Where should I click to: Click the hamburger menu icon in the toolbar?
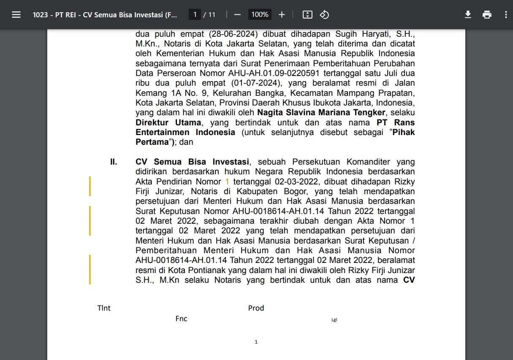coord(16,15)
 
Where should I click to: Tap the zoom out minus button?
coord(237,15)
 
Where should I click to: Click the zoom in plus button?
coord(282,15)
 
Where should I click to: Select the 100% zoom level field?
coord(260,15)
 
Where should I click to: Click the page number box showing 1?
coord(195,15)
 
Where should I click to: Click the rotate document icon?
coord(324,15)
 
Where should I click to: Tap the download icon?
coord(468,15)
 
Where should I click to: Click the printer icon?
coord(487,15)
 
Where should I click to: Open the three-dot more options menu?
coord(506,15)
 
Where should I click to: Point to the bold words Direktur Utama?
coord(168,122)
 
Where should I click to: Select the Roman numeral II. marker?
coord(114,162)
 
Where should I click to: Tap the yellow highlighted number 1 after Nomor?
coord(227,181)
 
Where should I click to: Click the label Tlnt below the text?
coord(104,308)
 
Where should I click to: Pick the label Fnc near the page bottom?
coord(181,319)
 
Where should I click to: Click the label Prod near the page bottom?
coord(256,308)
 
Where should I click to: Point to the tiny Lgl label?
coord(334,320)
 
